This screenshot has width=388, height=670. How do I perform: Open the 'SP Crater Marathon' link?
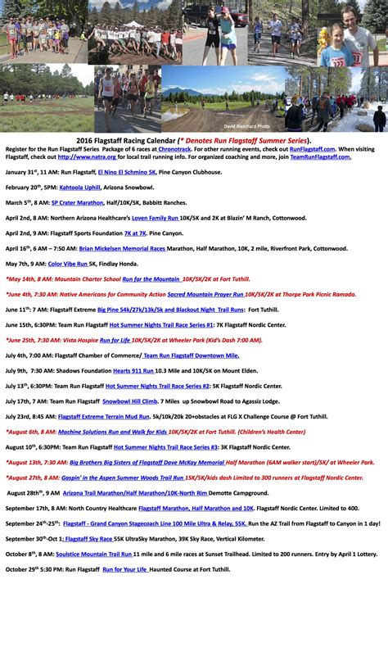coord(77,202)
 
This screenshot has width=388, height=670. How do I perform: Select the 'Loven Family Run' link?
coord(154,218)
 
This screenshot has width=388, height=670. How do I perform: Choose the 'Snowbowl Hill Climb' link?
coord(129,401)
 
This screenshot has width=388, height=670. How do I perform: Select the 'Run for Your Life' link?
coord(124,568)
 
